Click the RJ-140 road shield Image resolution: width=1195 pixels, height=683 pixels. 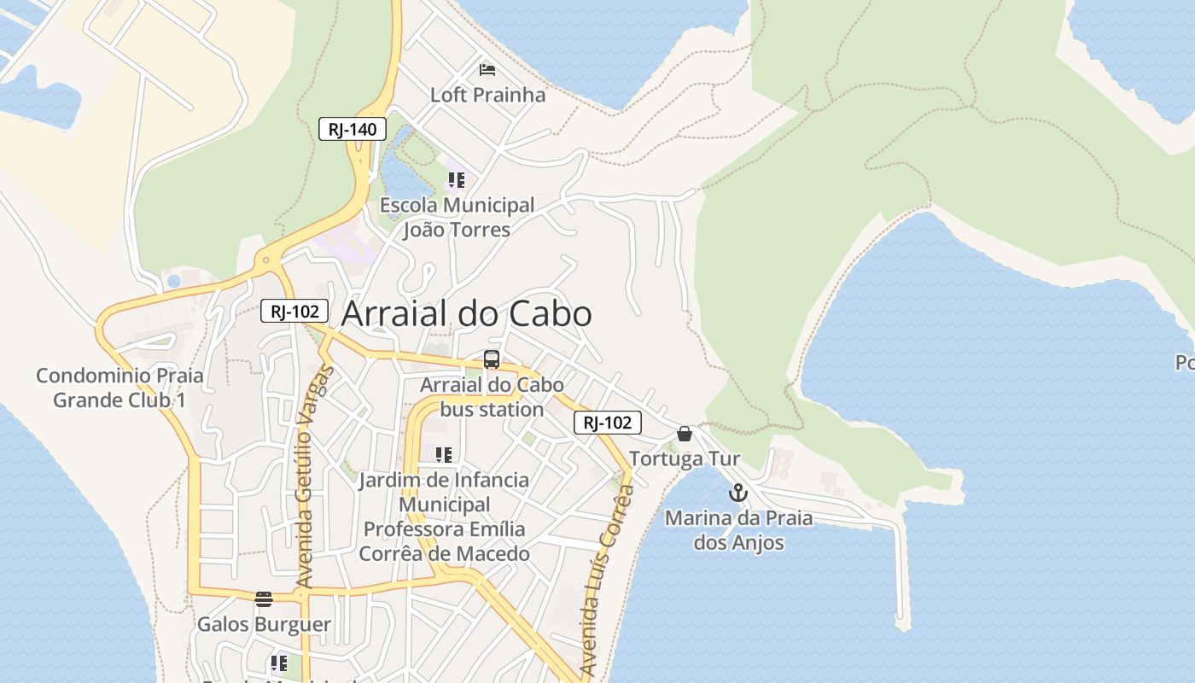tap(353, 129)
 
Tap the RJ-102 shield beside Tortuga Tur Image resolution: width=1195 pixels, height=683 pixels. tap(607, 422)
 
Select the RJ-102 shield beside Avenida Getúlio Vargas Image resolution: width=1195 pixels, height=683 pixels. tap(294, 311)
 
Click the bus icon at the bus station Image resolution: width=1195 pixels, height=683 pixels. tap(492, 359)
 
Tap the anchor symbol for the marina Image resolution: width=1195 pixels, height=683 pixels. tap(738, 493)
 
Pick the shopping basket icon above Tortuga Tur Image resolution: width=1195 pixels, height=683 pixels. tap(685, 434)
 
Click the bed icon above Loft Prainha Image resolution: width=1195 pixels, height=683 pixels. tap(487, 69)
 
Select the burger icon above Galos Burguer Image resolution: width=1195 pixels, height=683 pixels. tap(264, 598)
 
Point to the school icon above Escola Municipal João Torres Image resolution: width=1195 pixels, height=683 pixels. tap(457, 180)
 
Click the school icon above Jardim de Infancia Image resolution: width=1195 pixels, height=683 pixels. tap(443, 454)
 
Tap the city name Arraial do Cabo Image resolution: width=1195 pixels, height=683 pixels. tap(466, 313)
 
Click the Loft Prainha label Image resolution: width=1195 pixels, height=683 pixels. tap(487, 95)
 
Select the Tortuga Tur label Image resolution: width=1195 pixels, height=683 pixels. tap(685, 458)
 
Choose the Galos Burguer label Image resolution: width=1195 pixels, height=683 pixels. tap(264, 624)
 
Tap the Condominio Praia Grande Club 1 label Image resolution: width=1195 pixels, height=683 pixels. tap(119, 388)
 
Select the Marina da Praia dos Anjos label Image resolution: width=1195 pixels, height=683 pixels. tap(738, 530)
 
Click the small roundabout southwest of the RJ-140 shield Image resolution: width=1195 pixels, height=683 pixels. tap(266, 260)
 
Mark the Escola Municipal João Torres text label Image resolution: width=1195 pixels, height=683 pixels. tap(457, 217)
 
